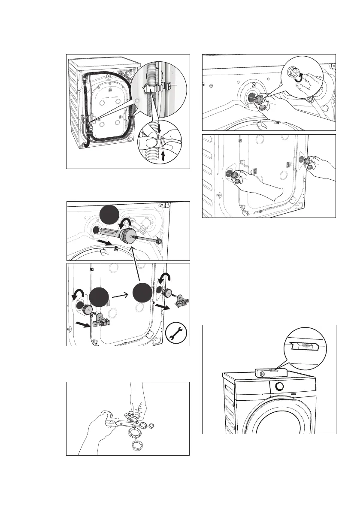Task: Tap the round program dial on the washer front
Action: [x=279, y=386]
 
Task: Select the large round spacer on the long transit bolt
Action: [x=128, y=236]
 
